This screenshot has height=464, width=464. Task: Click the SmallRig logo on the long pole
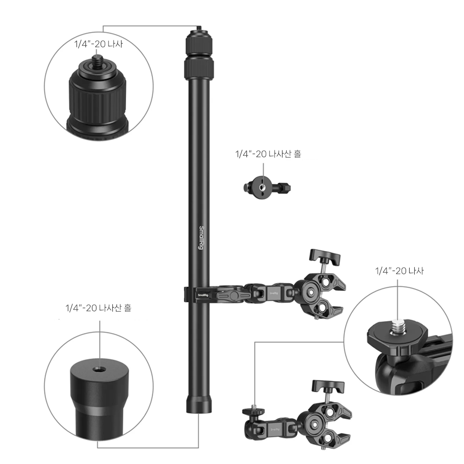tap(201, 238)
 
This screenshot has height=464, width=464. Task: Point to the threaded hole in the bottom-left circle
tap(97, 369)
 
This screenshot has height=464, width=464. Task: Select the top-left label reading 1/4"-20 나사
tap(98, 44)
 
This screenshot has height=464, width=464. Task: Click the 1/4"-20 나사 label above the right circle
tap(400, 271)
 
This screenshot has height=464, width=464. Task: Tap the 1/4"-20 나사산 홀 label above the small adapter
tap(268, 154)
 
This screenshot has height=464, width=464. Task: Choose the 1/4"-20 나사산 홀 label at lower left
tap(98, 308)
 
